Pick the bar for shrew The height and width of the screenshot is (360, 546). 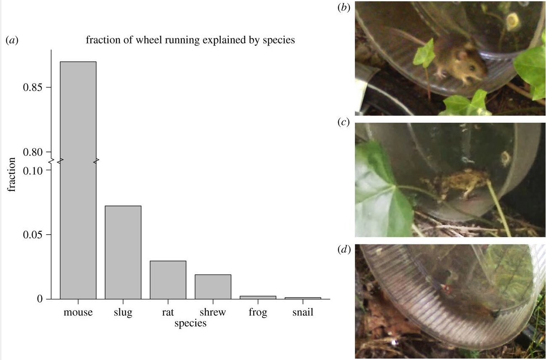pyautogui.click(x=213, y=287)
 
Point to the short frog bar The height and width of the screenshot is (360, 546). pyautogui.click(x=258, y=297)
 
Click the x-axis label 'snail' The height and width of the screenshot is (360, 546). pyautogui.click(x=303, y=313)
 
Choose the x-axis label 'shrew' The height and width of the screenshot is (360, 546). pyautogui.click(x=213, y=313)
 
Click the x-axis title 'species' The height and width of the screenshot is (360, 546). pyautogui.click(x=190, y=323)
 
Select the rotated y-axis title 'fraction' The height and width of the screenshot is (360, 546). pyautogui.click(x=12, y=174)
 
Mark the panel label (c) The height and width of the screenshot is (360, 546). pyautogui.click(x=344, y=122)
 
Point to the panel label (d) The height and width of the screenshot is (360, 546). pyautogui.click(x=344, y=250)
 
